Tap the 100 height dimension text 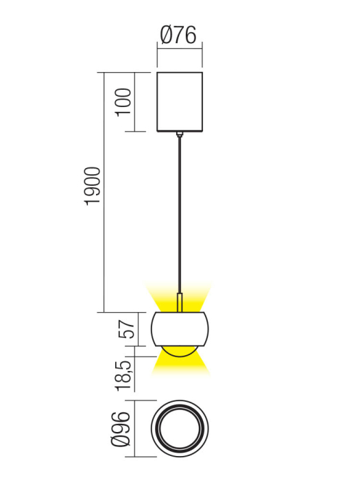pyautogui.click(x=123, y=102)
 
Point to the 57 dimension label pyautogui.click(x=125, y=329)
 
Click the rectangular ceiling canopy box pyautogui.click(x=180, y=101)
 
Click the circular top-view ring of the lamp pyautogui.click(x=180, y=429)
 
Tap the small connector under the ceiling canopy pyautogui.click(x=180, y=134)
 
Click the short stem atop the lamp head pyautogui.click(x=180, y=303)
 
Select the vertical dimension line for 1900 pyautogui.click(x=104, y=192)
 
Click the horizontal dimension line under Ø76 pyautogui.click(x=180, y=46)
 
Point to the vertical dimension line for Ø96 pyautogui.click(x=136, y=429)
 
